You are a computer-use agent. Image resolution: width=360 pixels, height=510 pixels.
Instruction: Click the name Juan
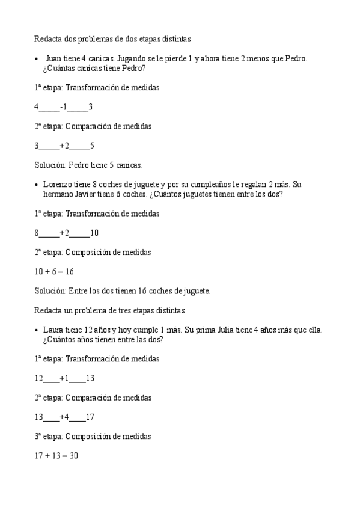[53, 58]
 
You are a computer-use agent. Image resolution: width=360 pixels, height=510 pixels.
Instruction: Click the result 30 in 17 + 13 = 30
[73, 456]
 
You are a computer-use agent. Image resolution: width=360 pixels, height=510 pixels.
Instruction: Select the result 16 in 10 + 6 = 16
[69, 272]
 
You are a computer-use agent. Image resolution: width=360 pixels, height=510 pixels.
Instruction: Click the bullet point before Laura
[37, 330]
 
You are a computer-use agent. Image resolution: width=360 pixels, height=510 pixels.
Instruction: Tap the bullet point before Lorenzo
[37, 185]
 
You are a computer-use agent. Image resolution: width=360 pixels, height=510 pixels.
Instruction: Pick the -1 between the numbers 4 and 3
[64, 107]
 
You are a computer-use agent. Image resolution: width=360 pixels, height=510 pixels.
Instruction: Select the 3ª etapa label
[47, 437]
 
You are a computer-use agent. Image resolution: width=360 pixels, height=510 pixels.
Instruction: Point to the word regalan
[254, 184]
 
